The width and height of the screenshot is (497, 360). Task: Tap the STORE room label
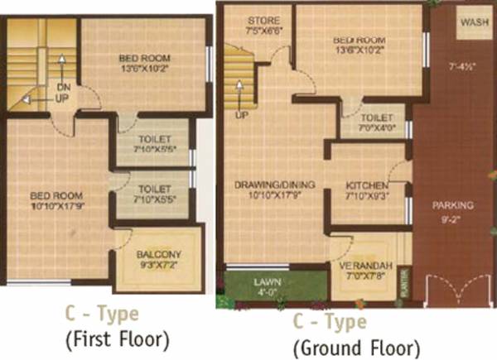263,20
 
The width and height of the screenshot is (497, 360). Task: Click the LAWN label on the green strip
265,281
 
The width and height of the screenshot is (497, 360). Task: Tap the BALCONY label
160,254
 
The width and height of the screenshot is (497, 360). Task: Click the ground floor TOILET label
370,118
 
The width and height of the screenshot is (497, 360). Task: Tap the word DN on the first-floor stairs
63,87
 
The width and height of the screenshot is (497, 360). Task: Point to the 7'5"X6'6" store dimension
263,31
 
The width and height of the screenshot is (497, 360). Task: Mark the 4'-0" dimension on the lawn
265,292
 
